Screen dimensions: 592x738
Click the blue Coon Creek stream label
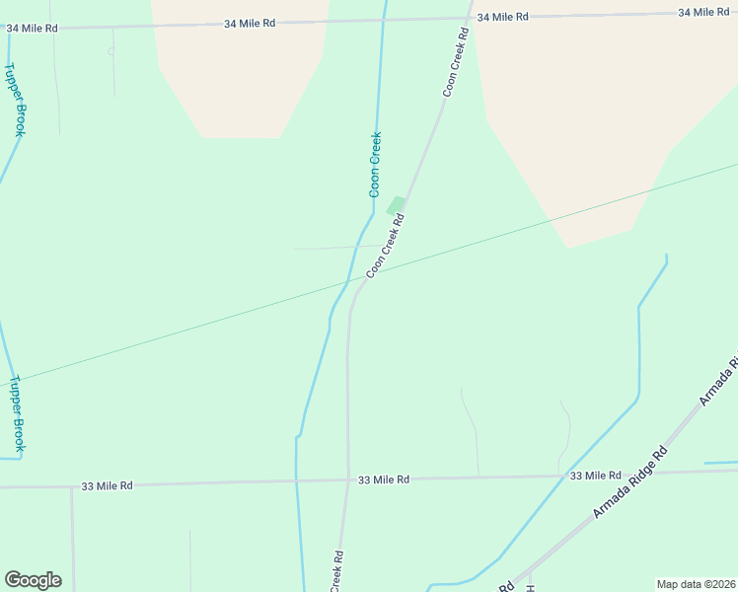click(x=375, y=165)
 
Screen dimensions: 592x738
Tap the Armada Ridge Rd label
click(x=630, y=482)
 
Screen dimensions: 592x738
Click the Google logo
click(x=33, y=580)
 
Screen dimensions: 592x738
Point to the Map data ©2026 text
click(x=695, y=584)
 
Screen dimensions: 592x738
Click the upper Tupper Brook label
click(x=15, y=100)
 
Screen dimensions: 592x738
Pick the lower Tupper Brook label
click(x=17, y=413)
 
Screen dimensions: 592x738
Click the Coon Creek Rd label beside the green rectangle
click(x=386, y=248)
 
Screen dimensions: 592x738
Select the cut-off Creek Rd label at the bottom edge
click(x=337, y=571)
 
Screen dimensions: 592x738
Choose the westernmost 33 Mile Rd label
click(x=107, y=485)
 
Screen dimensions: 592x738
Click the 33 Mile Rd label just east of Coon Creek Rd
click(x=384, y=480)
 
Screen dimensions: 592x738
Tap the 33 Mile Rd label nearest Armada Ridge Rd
click(x=596, y=476)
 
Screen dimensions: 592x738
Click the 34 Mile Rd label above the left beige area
click(x=250, y=23)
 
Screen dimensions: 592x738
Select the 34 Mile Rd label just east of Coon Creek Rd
click(x=503, y=17)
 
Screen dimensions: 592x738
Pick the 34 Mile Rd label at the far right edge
click(x=703, y=12)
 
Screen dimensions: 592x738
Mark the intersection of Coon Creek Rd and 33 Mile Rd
click(x=348, y=481)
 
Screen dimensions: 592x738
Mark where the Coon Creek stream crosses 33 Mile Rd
click(x=297, y=482)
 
